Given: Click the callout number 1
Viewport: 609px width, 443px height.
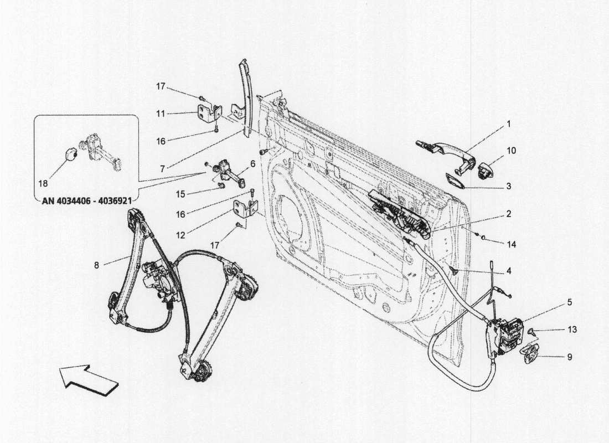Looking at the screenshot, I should pyautogui.click(x=508, y=125).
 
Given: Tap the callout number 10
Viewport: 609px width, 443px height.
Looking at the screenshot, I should pyautogui.click(x=510, y=150).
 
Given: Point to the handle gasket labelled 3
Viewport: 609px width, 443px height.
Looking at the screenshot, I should pyautogui.click(x=456, y=181).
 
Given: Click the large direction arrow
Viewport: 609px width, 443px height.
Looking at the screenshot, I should pyautogui.click(x=89, y=378).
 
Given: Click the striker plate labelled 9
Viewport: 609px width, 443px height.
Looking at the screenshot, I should pyautogui.click(x=533, y=353).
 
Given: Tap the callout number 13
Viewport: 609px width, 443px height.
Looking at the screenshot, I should pyautogui.click(x=572, y=329).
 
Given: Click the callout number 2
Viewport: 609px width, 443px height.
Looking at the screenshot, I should pyautogui.click(x=508, y=213).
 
